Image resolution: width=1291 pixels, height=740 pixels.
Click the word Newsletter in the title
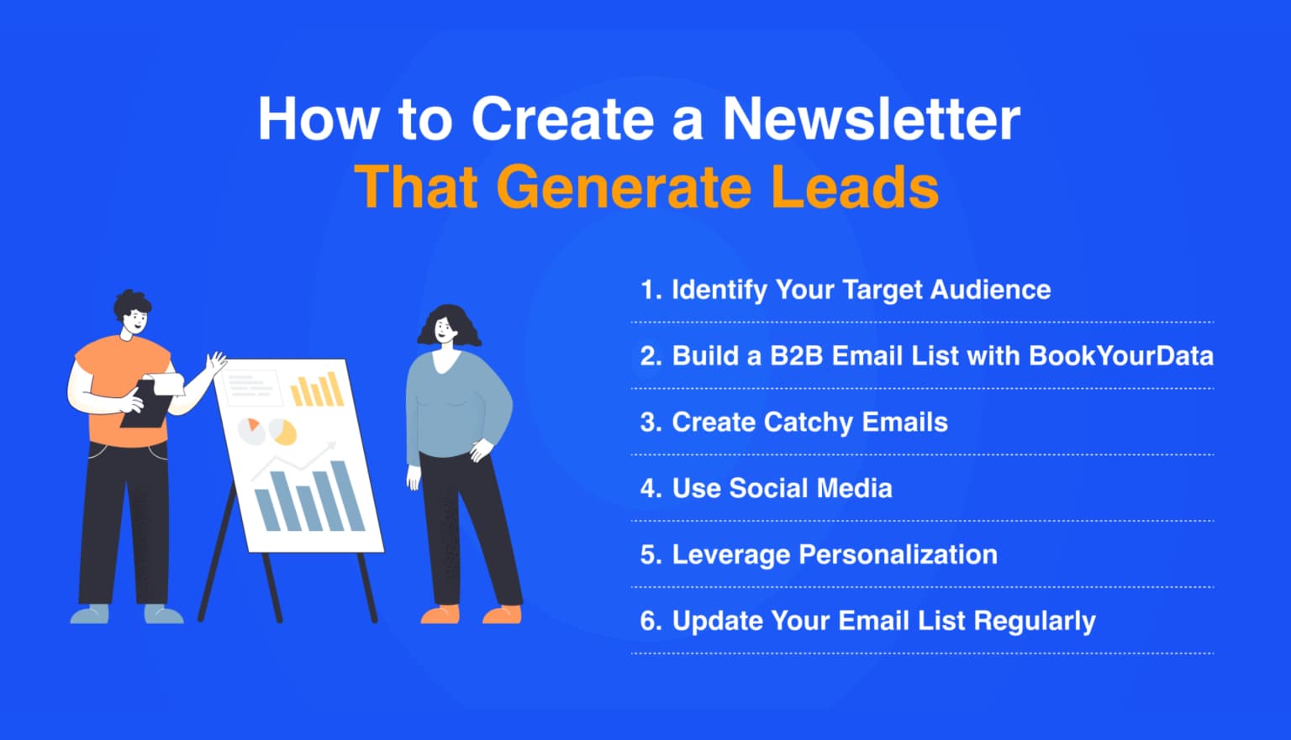click(x=871, y=118)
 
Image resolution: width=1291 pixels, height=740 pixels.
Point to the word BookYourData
click(x=1120, y=355)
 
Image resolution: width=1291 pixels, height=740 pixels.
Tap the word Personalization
click(x=897, y=554)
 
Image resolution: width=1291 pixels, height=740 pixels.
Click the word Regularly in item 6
click(x=1035, y=621)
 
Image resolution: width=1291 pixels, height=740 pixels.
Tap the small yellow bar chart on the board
click(x=317, y=390)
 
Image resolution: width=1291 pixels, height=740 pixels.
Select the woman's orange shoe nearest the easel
click(x=440, y=615)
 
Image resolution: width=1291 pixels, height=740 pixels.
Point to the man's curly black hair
click(x=132, y=302)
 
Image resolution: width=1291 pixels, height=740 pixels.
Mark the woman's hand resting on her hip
click(x=481, y=450)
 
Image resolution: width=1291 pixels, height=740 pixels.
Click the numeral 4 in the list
click(x=647, y=488)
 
